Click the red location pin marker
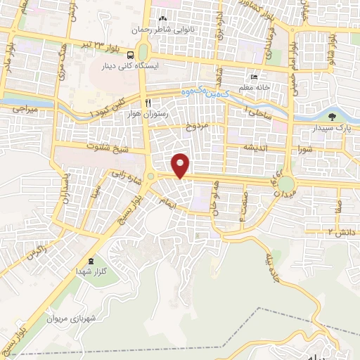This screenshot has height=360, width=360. click(181, 165)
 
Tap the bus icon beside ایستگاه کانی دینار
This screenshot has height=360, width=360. click(130, 54)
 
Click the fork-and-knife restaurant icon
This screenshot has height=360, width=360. click(148, 103)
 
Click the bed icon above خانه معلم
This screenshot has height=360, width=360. click(253, 77)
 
